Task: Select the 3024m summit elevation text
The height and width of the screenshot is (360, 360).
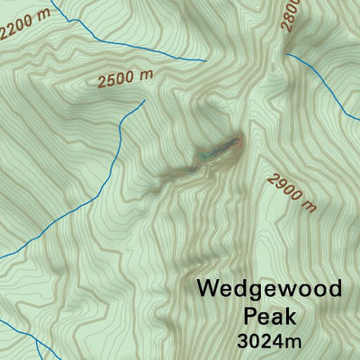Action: [269, 342]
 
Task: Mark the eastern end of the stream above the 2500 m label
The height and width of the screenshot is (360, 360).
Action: [206, 60]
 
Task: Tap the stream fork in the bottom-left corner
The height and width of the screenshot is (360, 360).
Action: [33, 340]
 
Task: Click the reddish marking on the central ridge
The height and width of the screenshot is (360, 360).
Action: [236, 141]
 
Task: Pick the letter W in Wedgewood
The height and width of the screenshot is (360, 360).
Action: [208, 290]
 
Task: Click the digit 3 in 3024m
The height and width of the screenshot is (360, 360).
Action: [244, 342]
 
